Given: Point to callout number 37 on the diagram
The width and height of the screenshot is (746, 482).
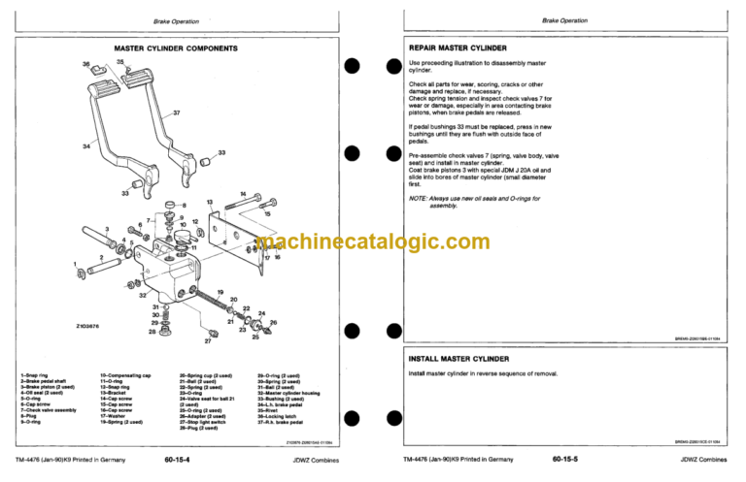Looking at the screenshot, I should click(176, 113).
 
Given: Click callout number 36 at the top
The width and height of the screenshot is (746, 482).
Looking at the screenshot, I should click(85, 64).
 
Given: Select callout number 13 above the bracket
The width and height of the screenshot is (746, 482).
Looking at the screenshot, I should click(209, 202).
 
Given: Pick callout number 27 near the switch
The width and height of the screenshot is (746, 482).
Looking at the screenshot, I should click(207, 342).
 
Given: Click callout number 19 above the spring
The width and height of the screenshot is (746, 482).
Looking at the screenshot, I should click(221, 292).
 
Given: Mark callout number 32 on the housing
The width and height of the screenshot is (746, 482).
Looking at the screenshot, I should click(143, 294).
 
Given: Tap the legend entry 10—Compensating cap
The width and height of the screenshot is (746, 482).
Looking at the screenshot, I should click(125, 374).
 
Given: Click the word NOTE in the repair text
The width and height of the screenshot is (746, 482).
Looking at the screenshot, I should click(419, 199).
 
